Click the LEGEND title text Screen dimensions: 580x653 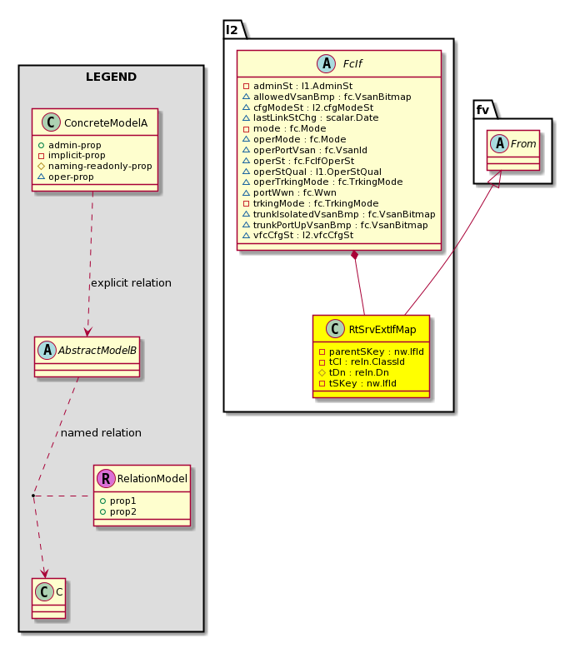112,77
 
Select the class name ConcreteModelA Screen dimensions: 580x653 106,123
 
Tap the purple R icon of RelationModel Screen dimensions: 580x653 106,478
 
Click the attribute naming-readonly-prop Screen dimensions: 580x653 100,167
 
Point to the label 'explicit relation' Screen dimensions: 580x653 132,283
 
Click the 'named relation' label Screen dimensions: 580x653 102,433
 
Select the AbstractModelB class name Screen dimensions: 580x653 97,351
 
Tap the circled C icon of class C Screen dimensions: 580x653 44,591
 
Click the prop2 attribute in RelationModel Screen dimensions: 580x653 123,511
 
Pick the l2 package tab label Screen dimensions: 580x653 232,30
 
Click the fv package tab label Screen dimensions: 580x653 482,110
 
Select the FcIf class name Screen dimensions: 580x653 352,63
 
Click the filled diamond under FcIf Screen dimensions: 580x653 355,256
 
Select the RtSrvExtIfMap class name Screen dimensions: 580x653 382,330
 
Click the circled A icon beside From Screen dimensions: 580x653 500,143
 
